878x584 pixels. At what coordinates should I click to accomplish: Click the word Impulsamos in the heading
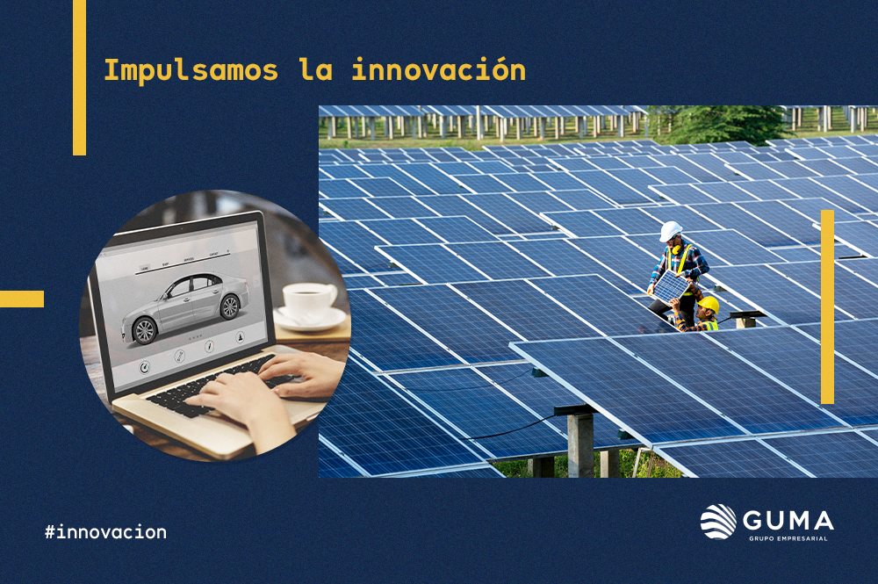(x=191, y=70)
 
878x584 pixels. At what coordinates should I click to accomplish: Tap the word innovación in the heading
(x=438, y=69)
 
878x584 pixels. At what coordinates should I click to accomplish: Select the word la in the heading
(x=316, y=69)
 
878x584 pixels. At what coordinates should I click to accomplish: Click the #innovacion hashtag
(x=106, y=531)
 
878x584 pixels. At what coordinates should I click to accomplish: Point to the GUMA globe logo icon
(x=718, y=522)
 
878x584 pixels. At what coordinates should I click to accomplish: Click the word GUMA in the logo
(x=788, y=521)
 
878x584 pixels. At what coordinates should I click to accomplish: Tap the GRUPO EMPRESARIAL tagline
(x=788, y=538)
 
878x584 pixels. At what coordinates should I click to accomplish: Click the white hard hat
(x=670, y=231)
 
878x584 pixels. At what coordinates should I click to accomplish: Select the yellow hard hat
(x=709, y=305)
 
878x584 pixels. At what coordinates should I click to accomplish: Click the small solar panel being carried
(x=671, y=286)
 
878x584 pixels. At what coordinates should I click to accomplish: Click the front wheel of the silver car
(x=145, y=330)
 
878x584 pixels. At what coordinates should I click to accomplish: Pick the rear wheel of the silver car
(x=229, y=306)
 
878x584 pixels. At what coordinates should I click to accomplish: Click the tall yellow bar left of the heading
(x=80, y=77)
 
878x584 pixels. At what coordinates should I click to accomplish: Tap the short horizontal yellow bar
(x=22, y=299)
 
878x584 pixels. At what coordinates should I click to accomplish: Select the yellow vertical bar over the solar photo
(x=827, y=306)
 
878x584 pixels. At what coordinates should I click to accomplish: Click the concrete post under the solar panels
(x=580, y=444)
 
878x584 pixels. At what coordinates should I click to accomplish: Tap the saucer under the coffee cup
(x=310, y=320)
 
